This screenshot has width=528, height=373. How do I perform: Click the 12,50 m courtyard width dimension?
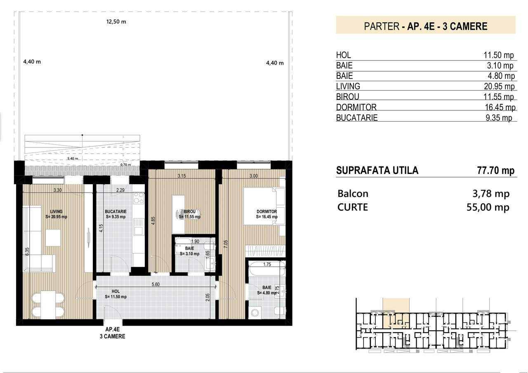coord(115,22)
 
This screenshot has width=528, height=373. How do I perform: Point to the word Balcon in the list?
coord(353,194)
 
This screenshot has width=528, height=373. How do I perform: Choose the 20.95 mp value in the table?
coord(499,87)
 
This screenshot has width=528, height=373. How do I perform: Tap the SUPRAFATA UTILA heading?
coord(377,171)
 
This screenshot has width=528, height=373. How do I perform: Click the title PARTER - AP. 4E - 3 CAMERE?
coord(426,26)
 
